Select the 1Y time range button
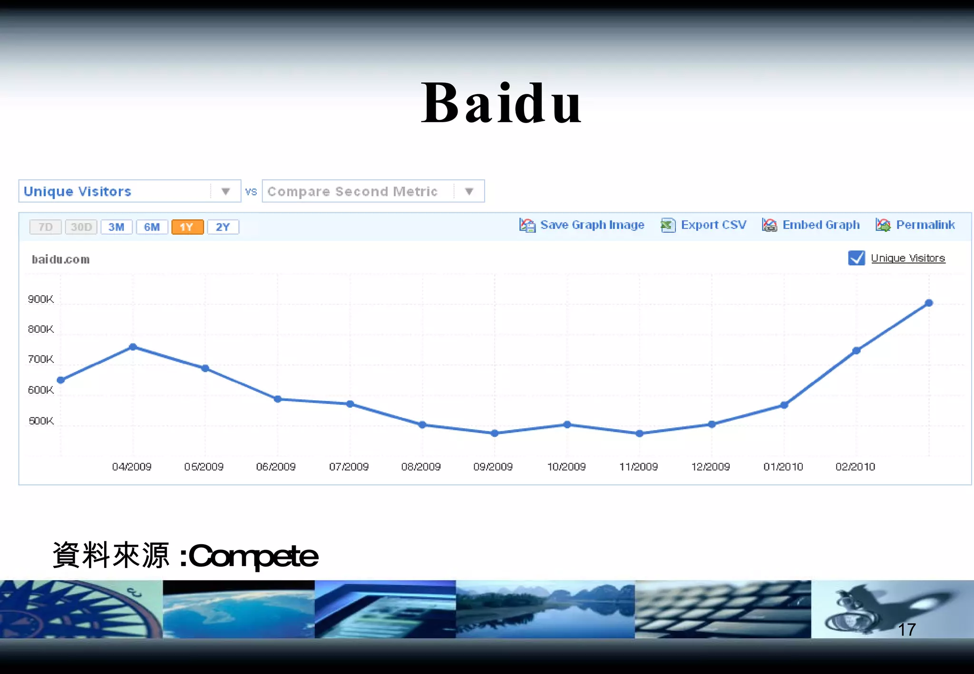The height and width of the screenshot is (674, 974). click(187, 227)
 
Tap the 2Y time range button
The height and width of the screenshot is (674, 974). click(223, 227)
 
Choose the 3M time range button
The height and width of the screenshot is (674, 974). click(116, 227)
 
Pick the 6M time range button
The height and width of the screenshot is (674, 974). click(152, 227)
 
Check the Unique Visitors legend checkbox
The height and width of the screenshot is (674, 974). click(856, 258)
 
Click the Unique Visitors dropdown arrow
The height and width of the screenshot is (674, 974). click(225, 192)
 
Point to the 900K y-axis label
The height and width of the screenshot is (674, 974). click(41, 299)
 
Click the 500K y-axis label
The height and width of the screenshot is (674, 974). click(41, 421)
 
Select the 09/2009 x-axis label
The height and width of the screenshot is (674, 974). click(493, 467)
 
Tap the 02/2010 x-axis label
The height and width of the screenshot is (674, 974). click(855, 467)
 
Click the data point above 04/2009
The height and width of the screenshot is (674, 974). click(133, 347)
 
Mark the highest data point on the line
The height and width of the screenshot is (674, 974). click(929, 303)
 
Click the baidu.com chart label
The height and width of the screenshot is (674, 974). click(61, 260)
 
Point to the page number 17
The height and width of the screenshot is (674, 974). click(906, 630)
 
